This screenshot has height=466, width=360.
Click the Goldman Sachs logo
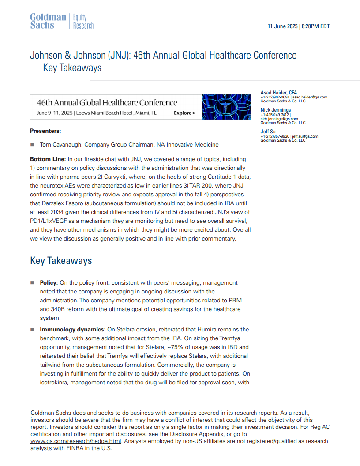[x=48, y=22]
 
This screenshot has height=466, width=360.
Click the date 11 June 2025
[x=282, y=26]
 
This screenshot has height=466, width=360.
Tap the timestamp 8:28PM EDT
[x=315, y=26]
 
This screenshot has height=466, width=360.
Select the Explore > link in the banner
[x=184, y=113]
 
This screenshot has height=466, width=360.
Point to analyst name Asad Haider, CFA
[x=279, y=93]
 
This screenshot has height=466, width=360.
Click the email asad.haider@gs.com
[x=310, y=97]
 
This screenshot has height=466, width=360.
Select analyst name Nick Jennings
[x=276, y=110]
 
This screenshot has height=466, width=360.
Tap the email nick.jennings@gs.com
[x=279, y=119]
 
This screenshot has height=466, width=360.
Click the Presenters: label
[x=45, y=131]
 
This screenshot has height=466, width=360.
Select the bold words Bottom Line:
[x=48, y=159]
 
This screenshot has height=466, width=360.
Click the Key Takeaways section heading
[x=61, y=260]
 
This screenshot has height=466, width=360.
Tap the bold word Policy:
[x=49, y=283]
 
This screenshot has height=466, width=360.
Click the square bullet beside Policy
[x=32, y=283]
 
